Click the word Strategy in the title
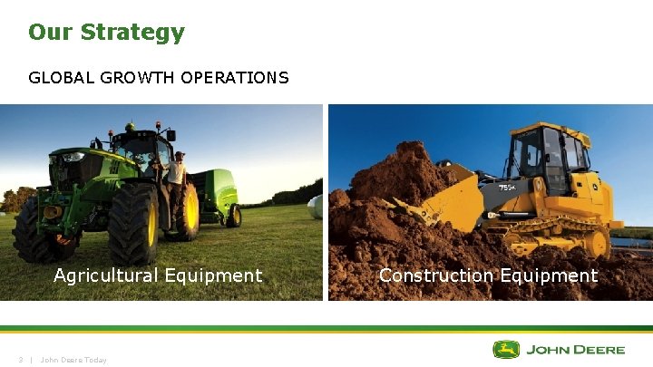point(132,33)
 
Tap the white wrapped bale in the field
point(314,208)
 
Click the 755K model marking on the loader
point(508,188)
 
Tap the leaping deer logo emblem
point(506,350)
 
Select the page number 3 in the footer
point(20,360)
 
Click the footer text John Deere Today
point(73,360)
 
